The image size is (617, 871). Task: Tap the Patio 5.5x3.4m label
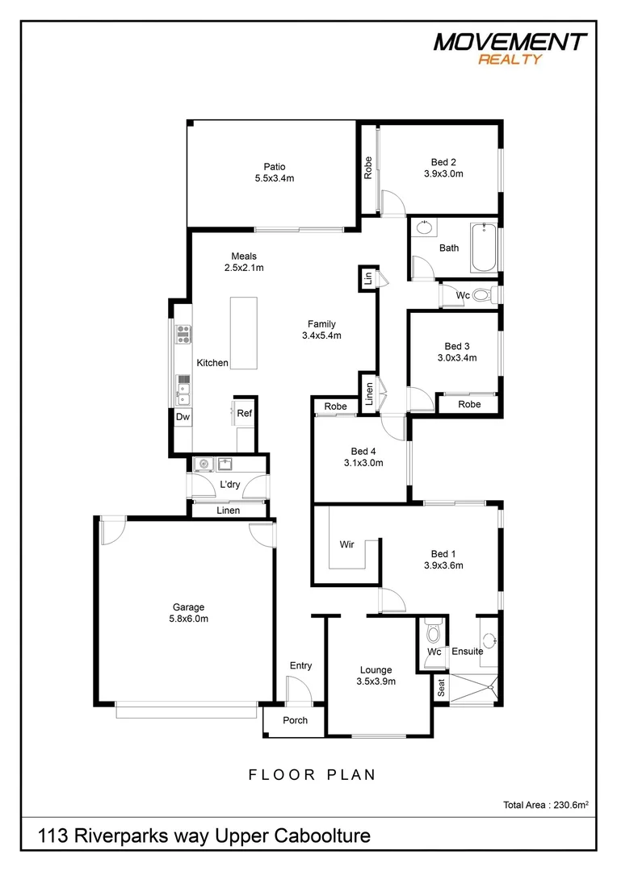coord(271,173)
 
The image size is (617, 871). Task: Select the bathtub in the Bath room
coord(484,248)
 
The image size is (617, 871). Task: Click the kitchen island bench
coord(243,333)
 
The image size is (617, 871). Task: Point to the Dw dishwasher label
coord(183,417)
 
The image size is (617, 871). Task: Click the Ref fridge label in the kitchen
coord(245,413)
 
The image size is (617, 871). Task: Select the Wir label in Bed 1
coord(347,545)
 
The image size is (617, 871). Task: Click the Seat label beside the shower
coord(442,688)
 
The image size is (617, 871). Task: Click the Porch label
coord(295,720)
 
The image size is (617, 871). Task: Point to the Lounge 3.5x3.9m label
coord(376,675)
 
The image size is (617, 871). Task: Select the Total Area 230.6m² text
coord(545,804)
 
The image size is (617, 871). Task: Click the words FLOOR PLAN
coord(312,775)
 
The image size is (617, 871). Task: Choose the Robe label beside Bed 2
coord(367,167)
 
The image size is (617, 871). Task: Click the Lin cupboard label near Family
coord(367,279)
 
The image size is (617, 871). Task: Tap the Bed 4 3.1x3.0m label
coord(363,457)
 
